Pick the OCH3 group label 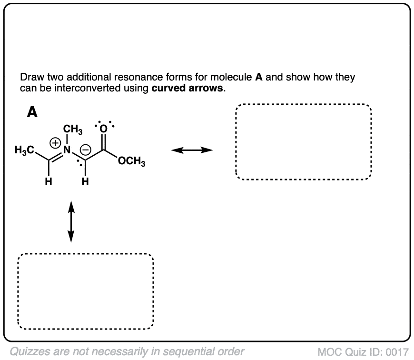[x=132, y=162]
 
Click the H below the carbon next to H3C [x=49, y=181]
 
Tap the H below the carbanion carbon [x=85, y=181]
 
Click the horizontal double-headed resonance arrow [x=192, y=150]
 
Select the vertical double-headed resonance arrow [x=71, y=221]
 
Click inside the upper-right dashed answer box [x=303, y=141]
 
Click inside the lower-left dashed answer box [x=86, y=291]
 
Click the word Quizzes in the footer [x=28, y=352]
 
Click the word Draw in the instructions [x=30, y=78]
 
